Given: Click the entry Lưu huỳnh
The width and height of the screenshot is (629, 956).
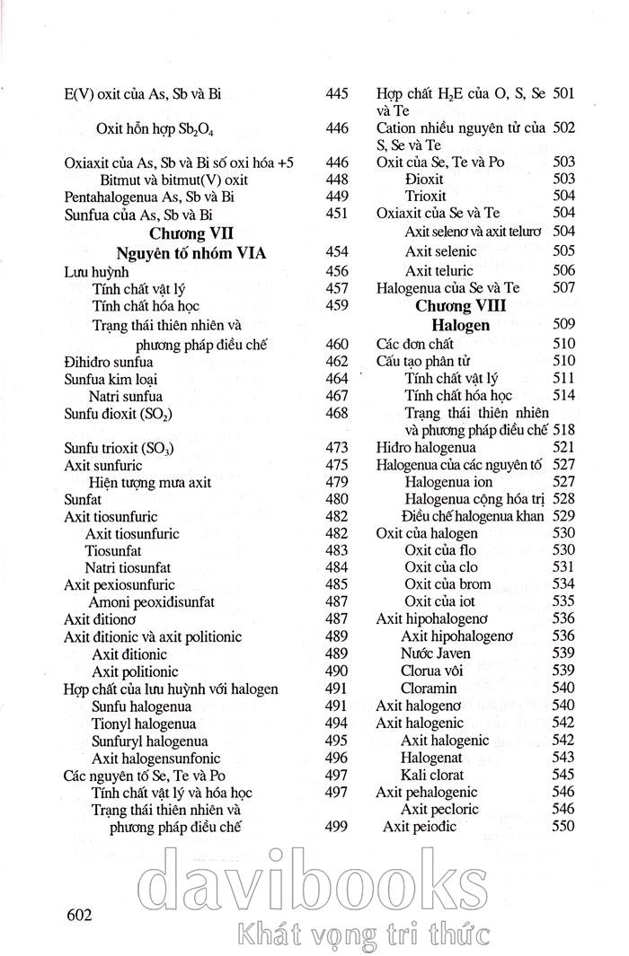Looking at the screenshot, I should point(94,271).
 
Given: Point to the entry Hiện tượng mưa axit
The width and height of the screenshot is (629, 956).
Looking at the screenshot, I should point(150,482).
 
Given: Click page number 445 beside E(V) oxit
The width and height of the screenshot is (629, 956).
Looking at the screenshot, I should point(336,93).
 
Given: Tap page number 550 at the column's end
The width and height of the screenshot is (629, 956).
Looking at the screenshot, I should point(563,827).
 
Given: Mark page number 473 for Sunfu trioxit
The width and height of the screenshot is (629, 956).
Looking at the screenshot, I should point(336,448).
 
